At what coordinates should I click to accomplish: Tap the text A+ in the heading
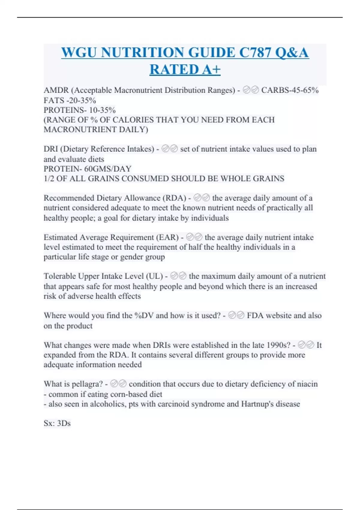pos(211,70)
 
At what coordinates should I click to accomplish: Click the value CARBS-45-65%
pos(290,90)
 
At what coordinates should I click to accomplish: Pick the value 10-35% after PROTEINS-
pos(102,110)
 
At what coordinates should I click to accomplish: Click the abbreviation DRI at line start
pos(51,149)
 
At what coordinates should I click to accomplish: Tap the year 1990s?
pos(278,345)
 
